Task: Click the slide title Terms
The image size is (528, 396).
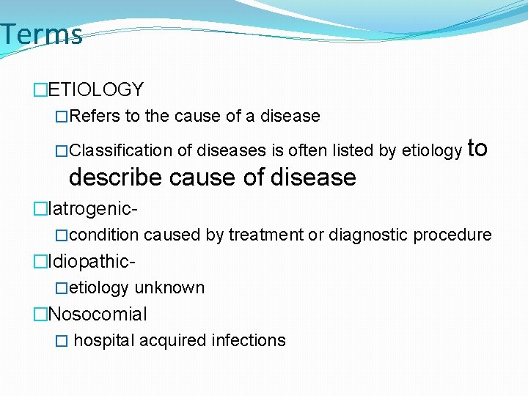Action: (41, 34)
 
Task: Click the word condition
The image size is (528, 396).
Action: (104, 235)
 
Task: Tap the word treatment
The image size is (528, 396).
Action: (266, 235)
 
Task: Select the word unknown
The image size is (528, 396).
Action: (169, 287)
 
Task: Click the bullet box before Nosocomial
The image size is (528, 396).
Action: (40, 315)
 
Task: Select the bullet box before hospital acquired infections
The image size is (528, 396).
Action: (62, 341)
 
